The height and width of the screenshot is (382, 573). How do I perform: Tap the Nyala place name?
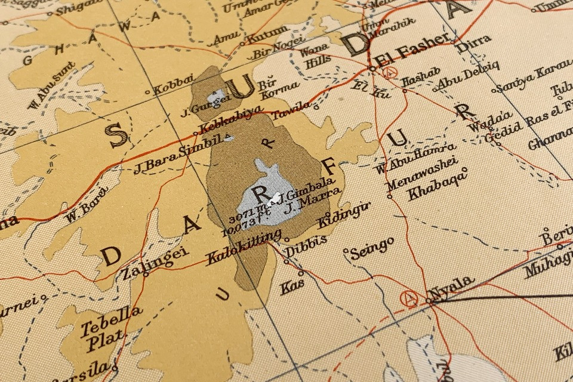click(452, 286)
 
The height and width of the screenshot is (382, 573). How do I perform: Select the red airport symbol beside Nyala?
click(410, 298)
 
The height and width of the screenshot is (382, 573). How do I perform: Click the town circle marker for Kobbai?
click(148, 93)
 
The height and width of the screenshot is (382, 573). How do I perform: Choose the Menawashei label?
click(421, 173)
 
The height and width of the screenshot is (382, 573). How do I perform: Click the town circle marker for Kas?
click(301, 274)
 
